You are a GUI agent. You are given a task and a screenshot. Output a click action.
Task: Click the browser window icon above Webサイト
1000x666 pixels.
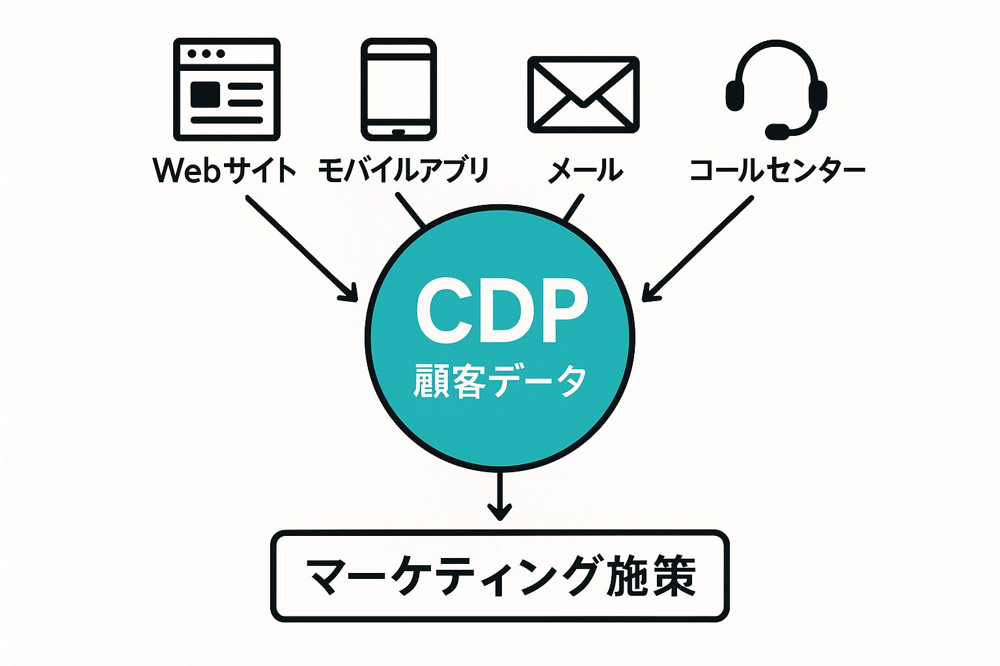click(x=227, y=89)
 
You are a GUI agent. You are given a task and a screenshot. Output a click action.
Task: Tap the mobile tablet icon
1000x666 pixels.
click(x=398, y=89)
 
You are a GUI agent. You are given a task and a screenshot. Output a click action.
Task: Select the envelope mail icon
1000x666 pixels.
click(x=583, y=94)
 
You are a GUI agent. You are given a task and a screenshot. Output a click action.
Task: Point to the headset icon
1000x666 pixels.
click(x=776, y=88)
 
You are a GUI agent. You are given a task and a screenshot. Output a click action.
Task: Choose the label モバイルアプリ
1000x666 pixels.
click(x=403, y=170)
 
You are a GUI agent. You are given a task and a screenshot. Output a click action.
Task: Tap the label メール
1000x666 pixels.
click(x=585, y=170)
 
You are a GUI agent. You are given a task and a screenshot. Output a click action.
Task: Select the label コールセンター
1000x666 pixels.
click(x=777, y=170)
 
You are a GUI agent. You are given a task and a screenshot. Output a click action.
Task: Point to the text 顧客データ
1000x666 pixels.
click(x=500, y=381)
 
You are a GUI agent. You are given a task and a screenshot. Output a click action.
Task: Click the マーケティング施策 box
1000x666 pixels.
click(x=500, y=576)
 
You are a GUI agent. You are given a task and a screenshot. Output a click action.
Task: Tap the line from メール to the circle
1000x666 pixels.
click(x=573, y=208)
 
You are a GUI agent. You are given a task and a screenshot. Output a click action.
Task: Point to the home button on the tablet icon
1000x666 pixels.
click(x=398, y=132)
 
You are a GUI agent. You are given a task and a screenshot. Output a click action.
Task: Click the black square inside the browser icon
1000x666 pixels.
click(x=205, y=95)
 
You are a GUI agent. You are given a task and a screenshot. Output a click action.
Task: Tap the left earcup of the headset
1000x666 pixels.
click(x=734, y=96)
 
